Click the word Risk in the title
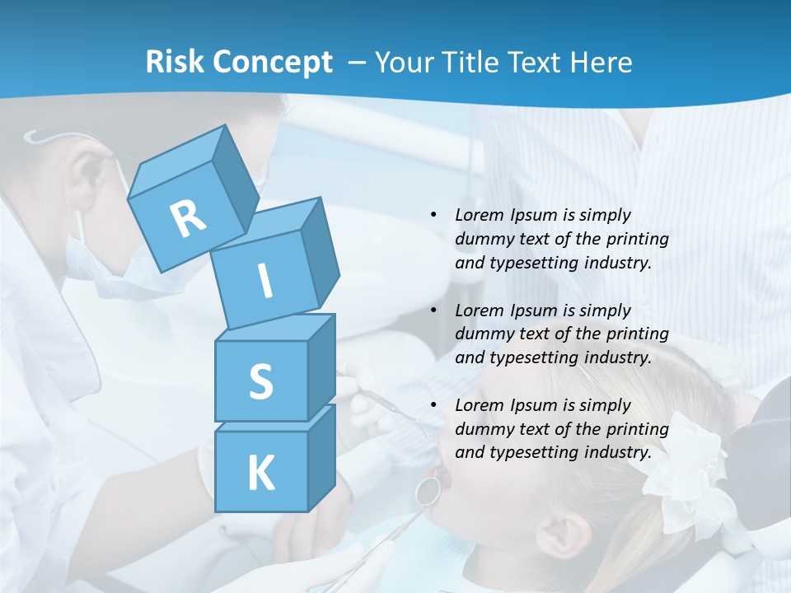click(175, 63)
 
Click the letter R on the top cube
click(188, 218)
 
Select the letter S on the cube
click(260, 381)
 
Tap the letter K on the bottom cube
click(260, 474)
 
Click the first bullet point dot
click(433, 215)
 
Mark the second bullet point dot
click(433, 311)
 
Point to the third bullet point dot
click(433, 405)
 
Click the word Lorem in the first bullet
click(479, 215)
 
